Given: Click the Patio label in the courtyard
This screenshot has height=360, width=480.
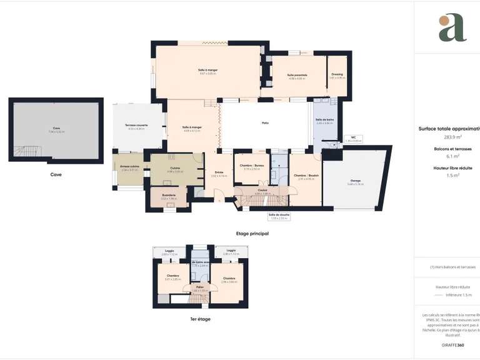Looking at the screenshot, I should pyautogui.click(x=265, y=123).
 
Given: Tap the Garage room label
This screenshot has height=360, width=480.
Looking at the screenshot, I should pyautogui.click(x=355, y=181).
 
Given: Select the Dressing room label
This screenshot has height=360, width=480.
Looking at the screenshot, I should pyautogui.click(x=337, y=74).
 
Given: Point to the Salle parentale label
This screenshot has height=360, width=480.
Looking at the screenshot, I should pyautogui.click(x=297, y=75).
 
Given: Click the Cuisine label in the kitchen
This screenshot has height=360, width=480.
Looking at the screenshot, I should pyautogui.click(x=175, y=167).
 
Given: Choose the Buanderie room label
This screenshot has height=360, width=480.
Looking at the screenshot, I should pyautogui.click(x=169, y=196).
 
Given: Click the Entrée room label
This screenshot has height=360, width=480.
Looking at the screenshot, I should pyautogui.click(x=219, y=172).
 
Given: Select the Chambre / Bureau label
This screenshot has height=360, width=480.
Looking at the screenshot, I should pyautogui.click(x=251, y=166).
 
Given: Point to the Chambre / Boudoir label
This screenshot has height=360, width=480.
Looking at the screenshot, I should pyautogui.click(x=306, y=176).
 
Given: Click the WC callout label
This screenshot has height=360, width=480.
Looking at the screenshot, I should pyautogui.click(x=354, y=137).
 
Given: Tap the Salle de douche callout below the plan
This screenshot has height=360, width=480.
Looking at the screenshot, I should pyautogui.click(x=279, y=215).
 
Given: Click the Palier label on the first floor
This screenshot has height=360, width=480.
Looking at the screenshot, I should pyautogui.click(x=200, y=287).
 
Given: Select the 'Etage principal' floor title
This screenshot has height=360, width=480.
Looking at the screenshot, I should pyautogui.click(x=252, y=233).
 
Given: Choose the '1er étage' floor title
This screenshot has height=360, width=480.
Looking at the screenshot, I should pyautogui.click(x=200, y=319).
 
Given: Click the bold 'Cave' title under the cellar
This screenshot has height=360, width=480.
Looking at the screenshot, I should pyautogui.click(x=56, y=174).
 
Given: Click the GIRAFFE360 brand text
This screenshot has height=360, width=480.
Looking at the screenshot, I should pyautogui.click(x=452, y=345).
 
